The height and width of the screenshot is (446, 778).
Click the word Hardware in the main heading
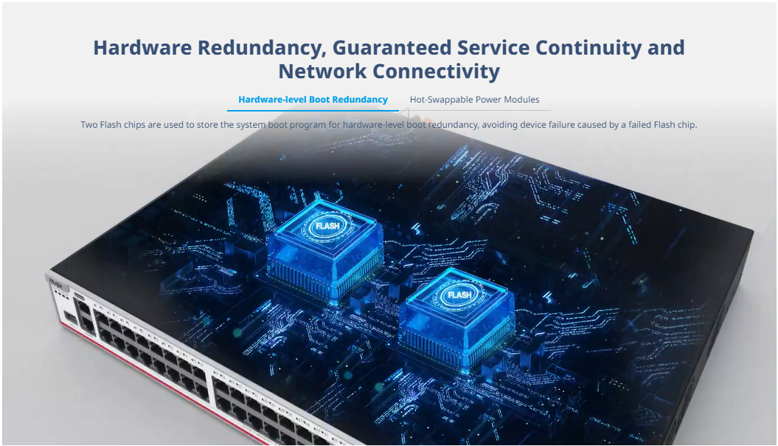pos(142,48)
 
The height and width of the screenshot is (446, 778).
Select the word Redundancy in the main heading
pos(262,49)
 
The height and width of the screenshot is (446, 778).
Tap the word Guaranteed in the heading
pos(392,48)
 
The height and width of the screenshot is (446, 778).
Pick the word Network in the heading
pos(322,71)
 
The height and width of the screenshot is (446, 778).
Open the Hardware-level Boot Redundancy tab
pos(313,100)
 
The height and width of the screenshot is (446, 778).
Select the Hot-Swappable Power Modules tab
pos(474,100)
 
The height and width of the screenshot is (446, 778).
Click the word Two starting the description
pos(89,125)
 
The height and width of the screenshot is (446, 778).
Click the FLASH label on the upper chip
pos(327,226)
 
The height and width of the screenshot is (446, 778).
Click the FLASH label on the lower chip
pos(459,295)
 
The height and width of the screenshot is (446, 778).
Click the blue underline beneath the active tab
pos(313,110)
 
